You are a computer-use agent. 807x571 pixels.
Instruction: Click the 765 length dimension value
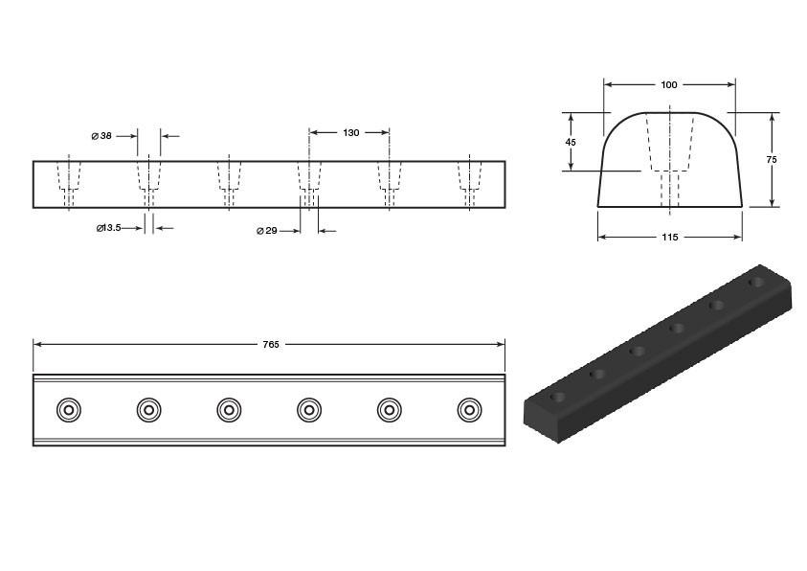click(271, 345)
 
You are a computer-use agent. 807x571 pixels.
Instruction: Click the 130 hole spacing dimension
click(351, 133)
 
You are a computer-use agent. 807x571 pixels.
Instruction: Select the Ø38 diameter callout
click(101, 136)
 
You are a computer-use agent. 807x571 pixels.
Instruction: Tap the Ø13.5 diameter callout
click(108, 228)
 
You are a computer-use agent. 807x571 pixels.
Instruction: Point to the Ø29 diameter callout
click(266, 231)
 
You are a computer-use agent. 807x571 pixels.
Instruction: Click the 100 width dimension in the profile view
click(669, 85)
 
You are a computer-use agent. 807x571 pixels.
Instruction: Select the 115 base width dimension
click(669, 237)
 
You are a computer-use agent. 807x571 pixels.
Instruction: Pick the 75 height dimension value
click(772, 160)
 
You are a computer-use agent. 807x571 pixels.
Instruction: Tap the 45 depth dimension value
click(571, 142)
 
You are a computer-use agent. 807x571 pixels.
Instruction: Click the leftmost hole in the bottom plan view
click(69, 410)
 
